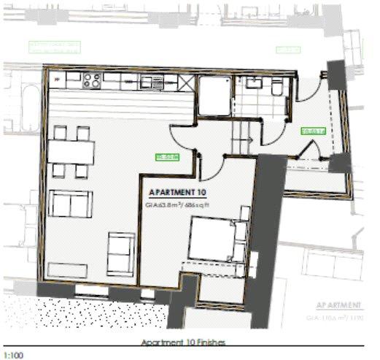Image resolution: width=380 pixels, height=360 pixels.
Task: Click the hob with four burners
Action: tap(91, 77)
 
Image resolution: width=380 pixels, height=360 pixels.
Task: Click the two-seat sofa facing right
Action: tap(71, 203)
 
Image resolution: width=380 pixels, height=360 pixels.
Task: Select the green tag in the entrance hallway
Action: tap(312, 131)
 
